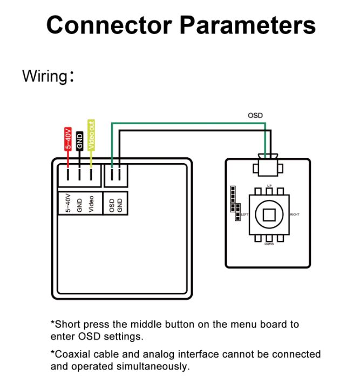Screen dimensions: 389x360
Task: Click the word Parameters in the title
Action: click(x=247, y=25)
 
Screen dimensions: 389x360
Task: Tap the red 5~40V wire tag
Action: click(x=68, y=138)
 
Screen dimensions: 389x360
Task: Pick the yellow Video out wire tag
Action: click(x=91, y=135)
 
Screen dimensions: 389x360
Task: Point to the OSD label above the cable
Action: click(x=255, y=116)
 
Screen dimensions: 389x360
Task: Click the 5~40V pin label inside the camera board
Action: click(x=68, y=203)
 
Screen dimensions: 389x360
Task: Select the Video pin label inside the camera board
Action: click(x=91, y=204)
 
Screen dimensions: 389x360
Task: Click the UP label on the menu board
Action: click(x=269, y=186)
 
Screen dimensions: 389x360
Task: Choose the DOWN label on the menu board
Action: click(x=269, y=244)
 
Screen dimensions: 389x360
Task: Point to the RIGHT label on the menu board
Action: click(x=295, y=214)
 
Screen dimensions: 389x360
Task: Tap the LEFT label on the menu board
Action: click(x=244, y=214)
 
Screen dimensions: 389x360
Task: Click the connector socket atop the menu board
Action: click(x=268, y=165)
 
